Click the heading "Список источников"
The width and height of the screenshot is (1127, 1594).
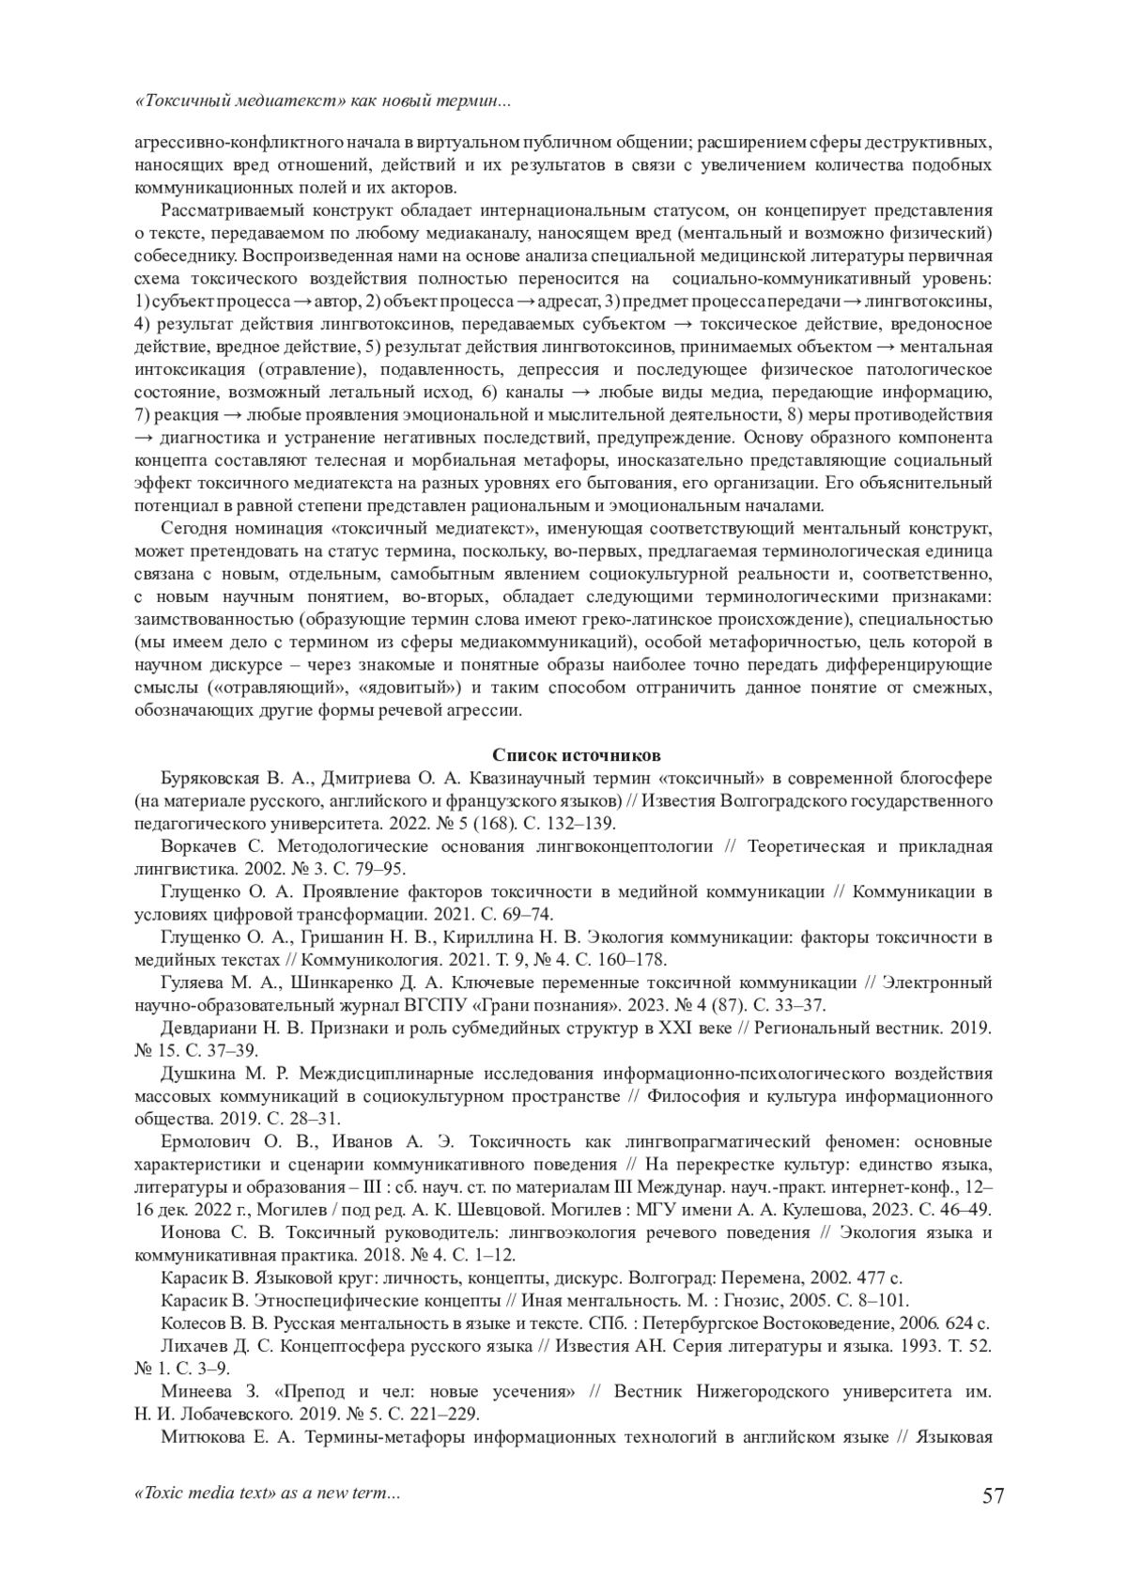click(x=563, y=755)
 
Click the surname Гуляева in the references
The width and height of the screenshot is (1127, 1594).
click(x=192, y=983)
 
